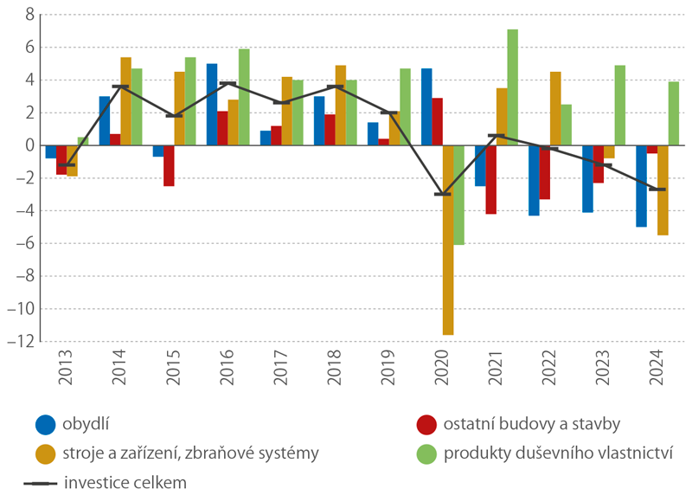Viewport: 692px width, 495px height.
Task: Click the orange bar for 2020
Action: [x=448, y=240]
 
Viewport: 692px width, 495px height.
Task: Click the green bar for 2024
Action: [x=674, y=113]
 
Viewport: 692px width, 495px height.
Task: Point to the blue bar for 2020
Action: [x=426, y=106]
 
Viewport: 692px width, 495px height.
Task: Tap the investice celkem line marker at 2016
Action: [x=227, y=83]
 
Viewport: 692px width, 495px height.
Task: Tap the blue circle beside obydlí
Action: [x=46, y=425]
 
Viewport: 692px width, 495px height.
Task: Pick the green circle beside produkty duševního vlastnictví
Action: [x=426, y=453]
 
